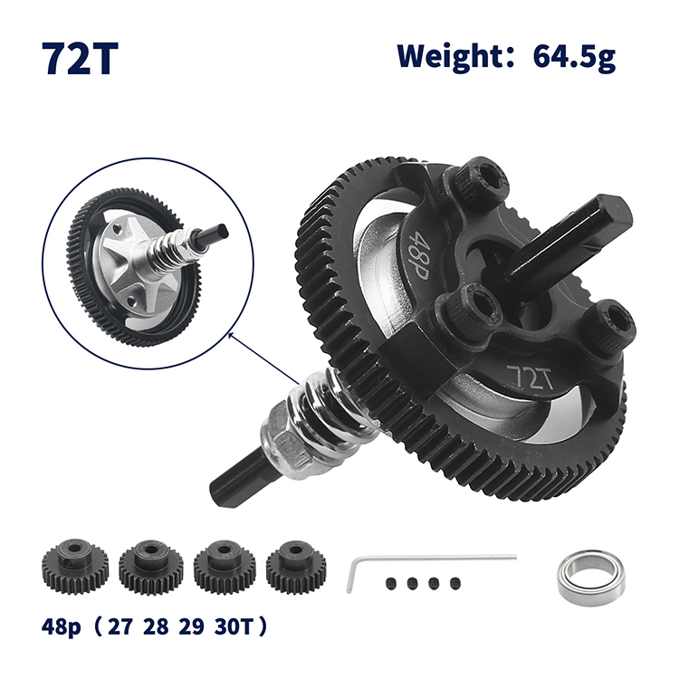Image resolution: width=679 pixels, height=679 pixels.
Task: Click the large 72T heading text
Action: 80,59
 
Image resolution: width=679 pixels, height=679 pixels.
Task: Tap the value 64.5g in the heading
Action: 574,57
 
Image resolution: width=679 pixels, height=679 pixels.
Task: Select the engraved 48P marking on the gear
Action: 419,255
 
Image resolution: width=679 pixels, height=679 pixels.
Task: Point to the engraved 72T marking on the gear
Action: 530,377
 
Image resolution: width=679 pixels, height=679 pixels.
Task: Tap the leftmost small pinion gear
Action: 75,566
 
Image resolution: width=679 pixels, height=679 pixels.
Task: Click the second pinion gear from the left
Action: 150,567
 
